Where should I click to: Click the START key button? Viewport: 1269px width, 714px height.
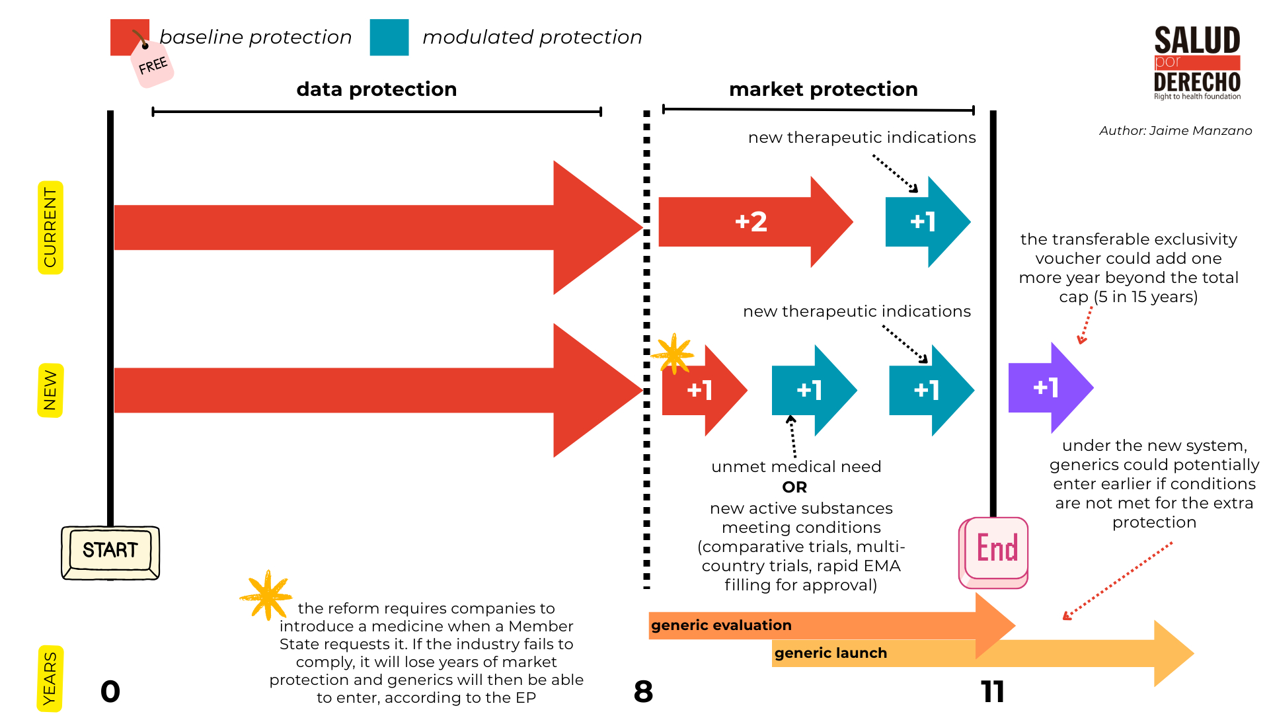point(110,551)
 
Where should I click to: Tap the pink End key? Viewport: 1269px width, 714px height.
point(995,550)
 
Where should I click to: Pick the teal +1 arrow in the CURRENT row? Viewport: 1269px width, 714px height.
point(925,222)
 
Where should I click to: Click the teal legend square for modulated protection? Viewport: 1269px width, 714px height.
point(389,38)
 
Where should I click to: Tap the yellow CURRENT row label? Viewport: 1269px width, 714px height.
point(50,227)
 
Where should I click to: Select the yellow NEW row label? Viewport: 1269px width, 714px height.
point(50,390)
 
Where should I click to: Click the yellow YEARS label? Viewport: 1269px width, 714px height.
point(50,678)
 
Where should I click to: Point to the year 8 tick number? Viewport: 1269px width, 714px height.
point(643,692)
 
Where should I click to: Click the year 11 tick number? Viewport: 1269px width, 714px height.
point(993,692)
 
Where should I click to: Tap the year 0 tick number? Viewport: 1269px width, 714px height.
point(110,692)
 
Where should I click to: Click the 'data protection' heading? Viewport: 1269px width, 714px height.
point(377,89)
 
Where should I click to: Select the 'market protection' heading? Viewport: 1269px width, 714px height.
point(824,89)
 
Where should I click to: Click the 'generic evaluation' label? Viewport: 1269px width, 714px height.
point(721,625)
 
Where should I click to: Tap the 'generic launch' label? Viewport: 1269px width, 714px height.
point(831,653)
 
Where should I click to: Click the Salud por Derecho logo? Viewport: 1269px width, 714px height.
point(1197,63)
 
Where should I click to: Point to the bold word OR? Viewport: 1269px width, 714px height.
point(794,487)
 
